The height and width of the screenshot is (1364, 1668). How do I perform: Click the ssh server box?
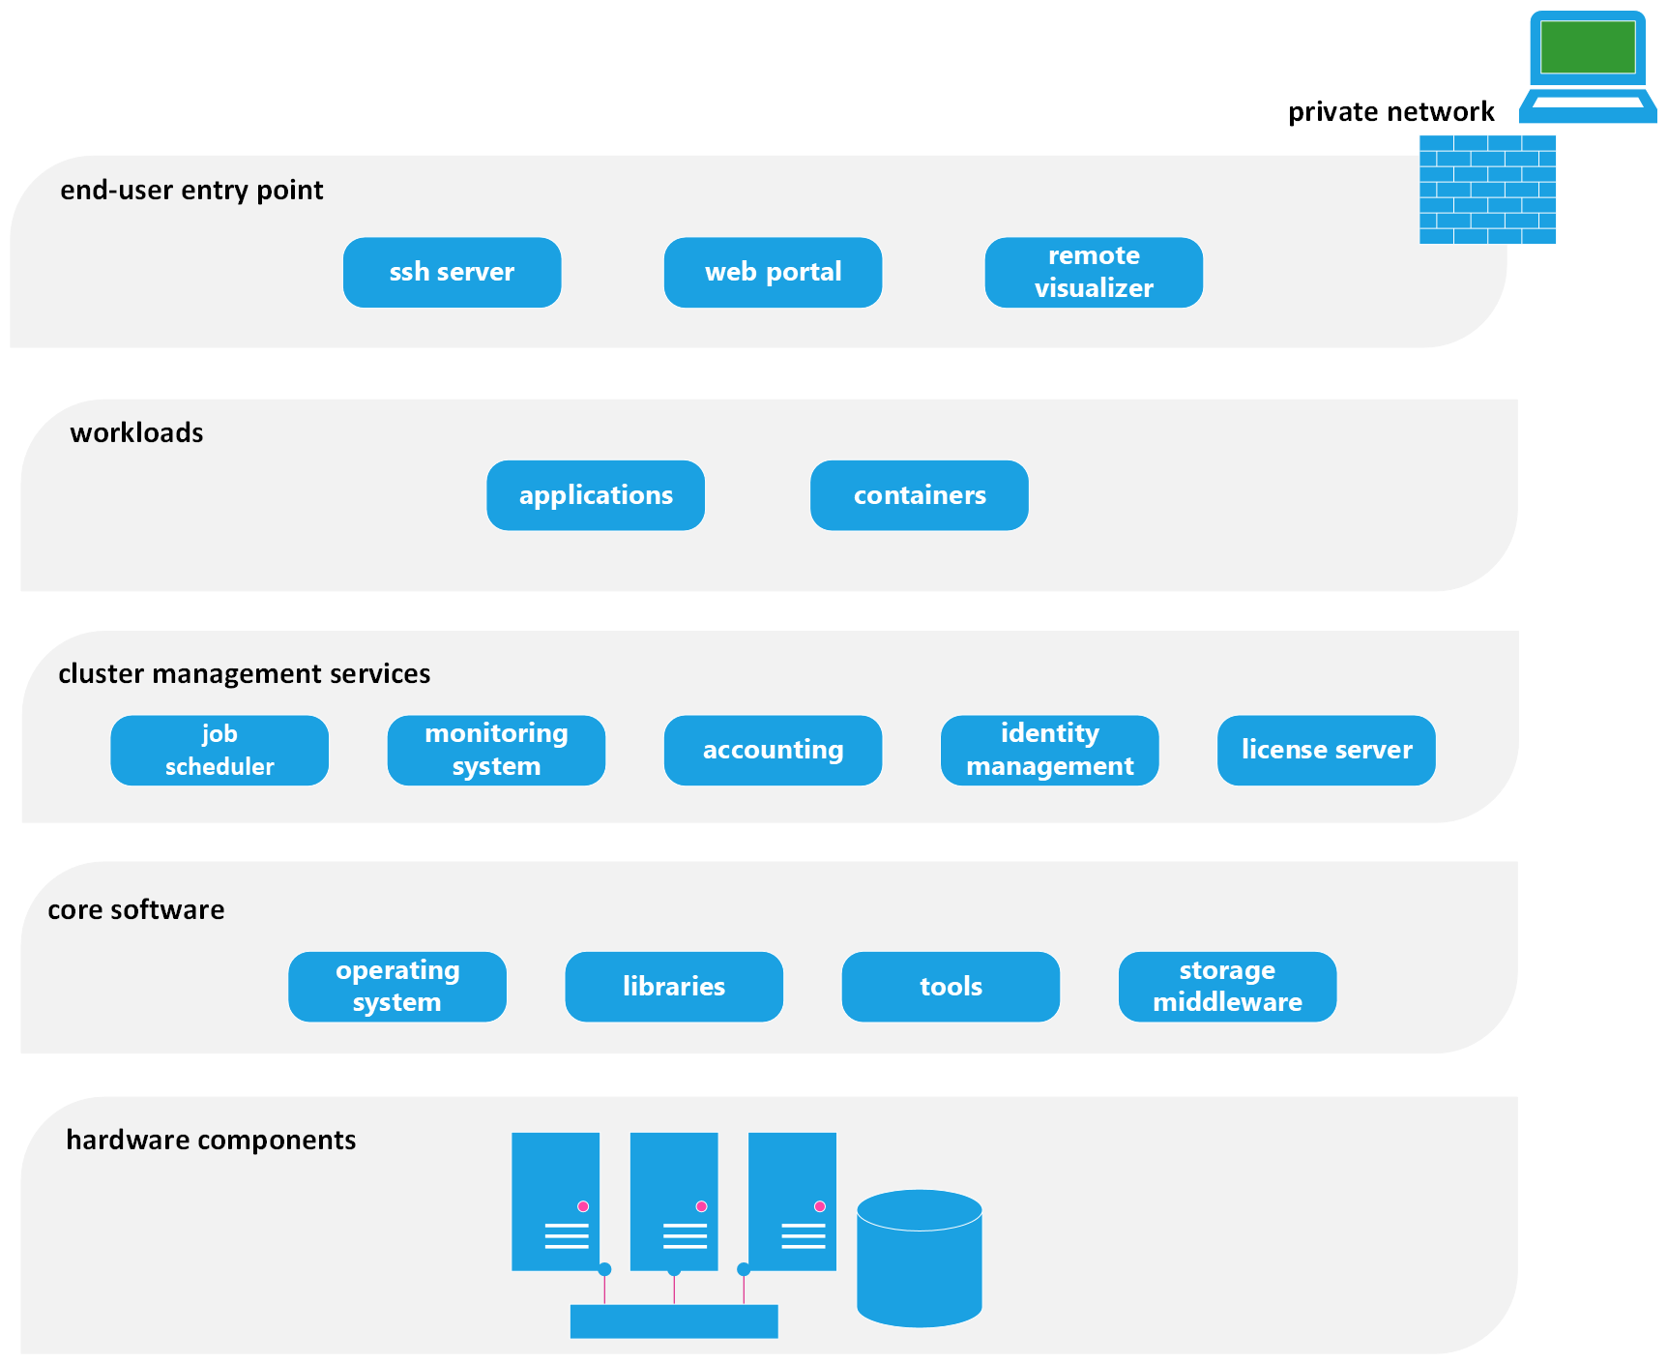point(452,273)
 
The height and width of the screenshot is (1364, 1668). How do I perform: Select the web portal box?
point(773,273)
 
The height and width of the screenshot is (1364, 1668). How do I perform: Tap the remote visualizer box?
point(1094,273)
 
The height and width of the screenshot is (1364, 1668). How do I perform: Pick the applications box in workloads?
point(596,495)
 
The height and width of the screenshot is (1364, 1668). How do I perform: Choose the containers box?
point(919,495)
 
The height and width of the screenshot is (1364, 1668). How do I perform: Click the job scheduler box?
point(219,751)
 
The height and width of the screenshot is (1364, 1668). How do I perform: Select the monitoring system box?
point(496,751)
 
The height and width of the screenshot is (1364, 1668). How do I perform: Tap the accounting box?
point(773,751)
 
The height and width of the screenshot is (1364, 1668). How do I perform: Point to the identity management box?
point(1049,751)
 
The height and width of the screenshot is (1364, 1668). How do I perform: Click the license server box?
point(1326,751)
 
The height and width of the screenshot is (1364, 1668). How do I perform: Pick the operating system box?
point(397,987)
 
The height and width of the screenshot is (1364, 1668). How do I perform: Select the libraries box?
point(674,987)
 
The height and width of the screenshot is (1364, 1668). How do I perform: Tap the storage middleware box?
point(1227,987)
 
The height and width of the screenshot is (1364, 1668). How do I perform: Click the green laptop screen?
point(1588,46)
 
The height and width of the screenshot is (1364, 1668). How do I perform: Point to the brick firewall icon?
point(1487,190)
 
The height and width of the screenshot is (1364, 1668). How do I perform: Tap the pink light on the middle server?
point(701,1206)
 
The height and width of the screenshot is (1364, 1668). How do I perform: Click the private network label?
point(1390,112)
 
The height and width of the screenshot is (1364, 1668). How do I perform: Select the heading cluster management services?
point(244,674)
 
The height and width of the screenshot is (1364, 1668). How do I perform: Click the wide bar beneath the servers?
point(674,1321)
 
